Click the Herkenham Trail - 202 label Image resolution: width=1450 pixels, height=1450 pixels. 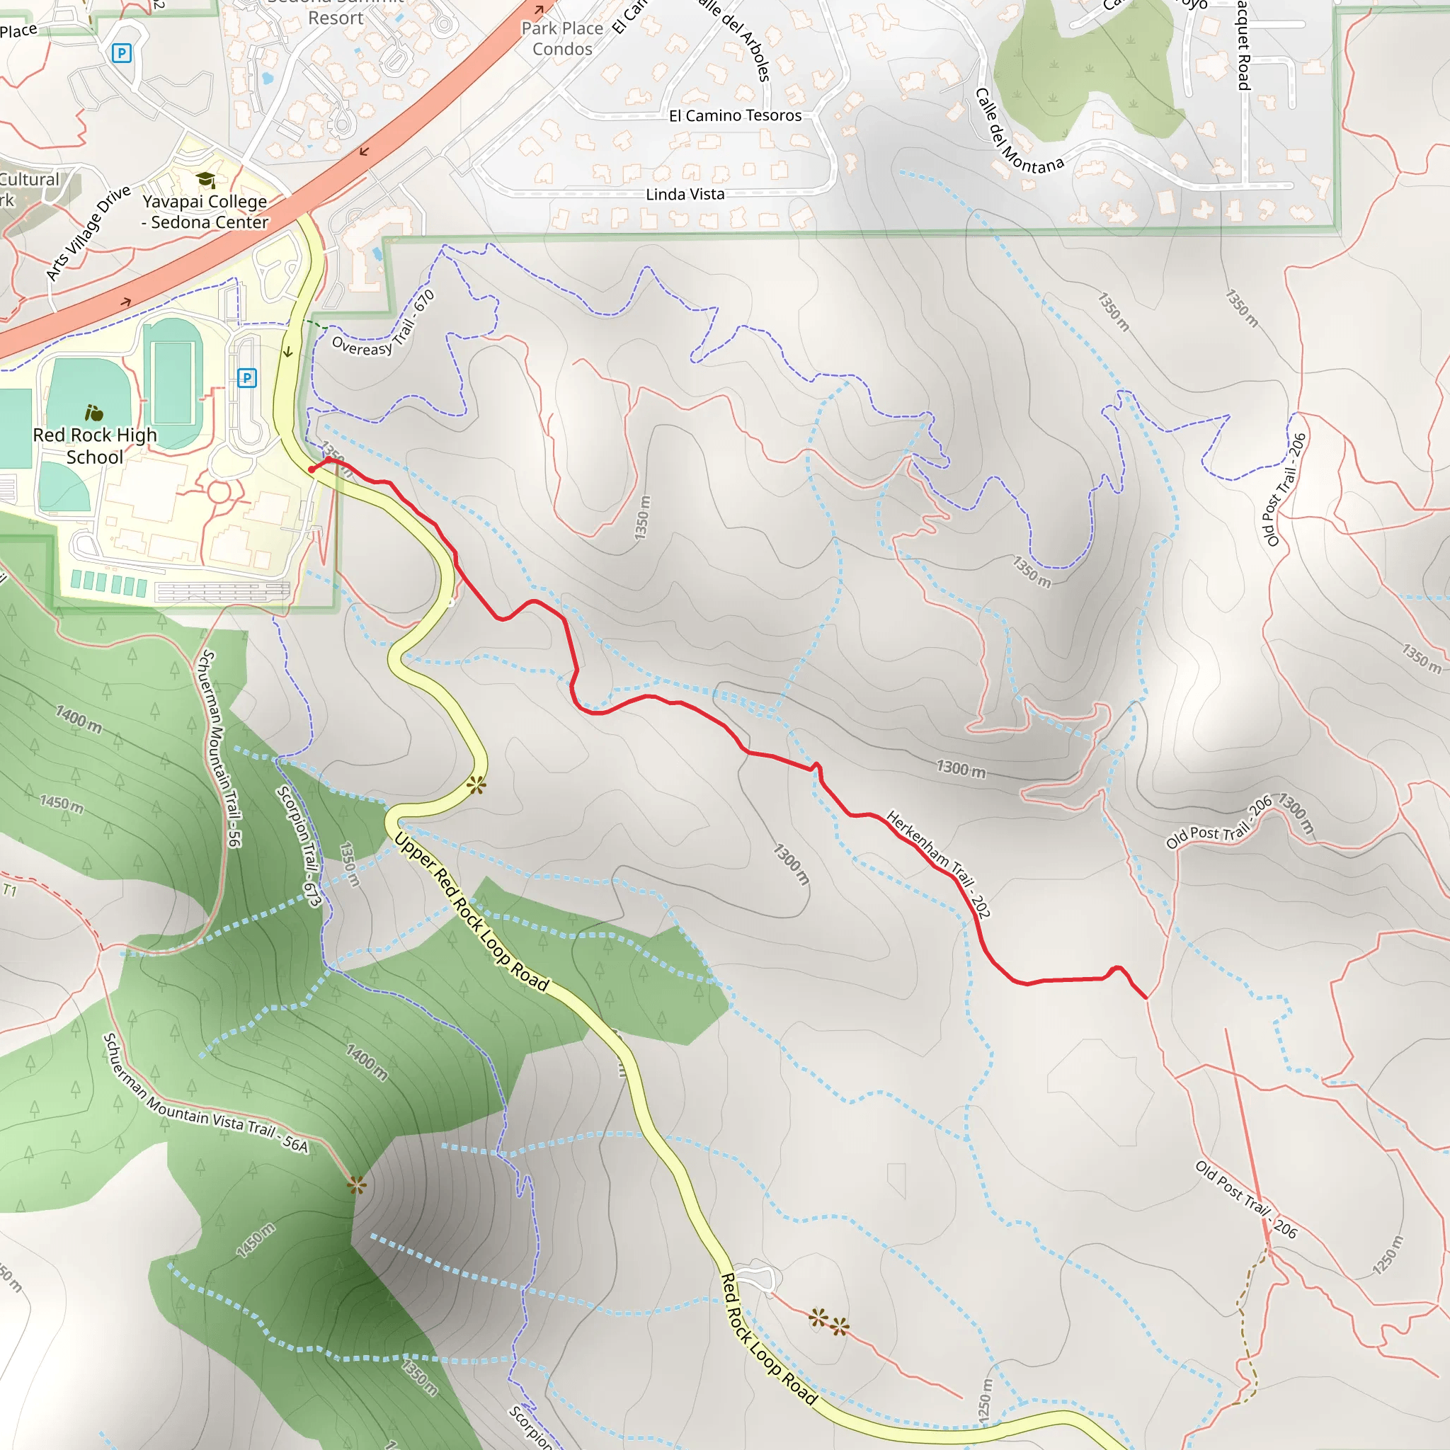[x=938, y=863]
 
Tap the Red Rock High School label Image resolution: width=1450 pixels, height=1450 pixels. [x=95, y=446]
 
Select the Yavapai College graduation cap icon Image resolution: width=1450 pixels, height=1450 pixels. [x=205, y=179]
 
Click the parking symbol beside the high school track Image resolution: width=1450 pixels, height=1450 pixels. [x=247, y=377]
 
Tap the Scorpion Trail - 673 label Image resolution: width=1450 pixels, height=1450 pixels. [x=299, y=846]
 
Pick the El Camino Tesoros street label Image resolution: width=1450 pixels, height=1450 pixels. [x=735, y=115]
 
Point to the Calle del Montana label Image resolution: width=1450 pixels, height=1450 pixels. [x=1018, y=133]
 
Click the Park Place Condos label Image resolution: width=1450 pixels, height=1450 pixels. [x=562, y=39]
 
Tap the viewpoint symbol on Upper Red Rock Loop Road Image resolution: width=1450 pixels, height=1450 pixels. [x=476, y=786]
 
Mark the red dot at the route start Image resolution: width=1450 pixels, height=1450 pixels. [x=312, y=470]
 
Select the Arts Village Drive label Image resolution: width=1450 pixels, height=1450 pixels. [x=88, y=234]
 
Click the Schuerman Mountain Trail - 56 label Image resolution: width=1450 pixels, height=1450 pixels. [x=219, y=748]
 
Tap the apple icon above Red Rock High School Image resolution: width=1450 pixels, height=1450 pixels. [x=94, y=413]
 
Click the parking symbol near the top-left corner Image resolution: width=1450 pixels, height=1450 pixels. [x=121, y=53]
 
